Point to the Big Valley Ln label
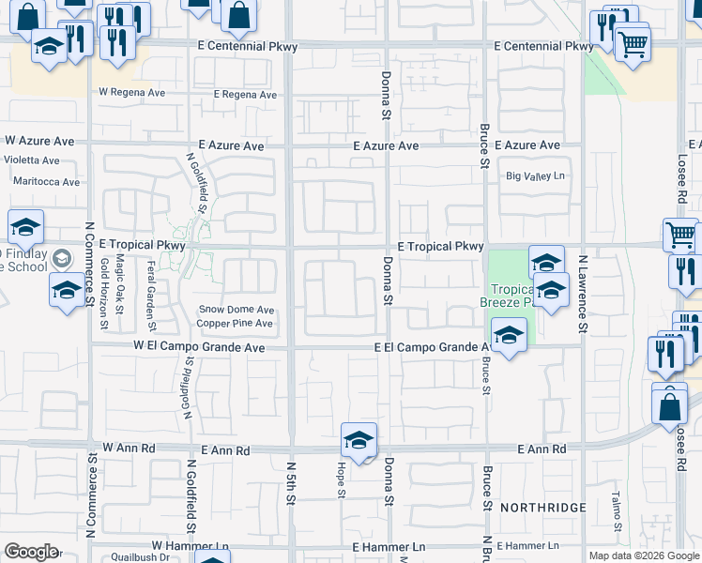pyautogui.click(x=537, y=176)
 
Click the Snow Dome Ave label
pyautogui.click(x=237, y=310)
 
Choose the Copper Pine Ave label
pyautogui.click(x=235, y=325)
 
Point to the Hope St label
pyautogui.click(x=342, y=479)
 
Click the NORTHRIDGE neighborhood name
pyautogui.click(x=543, y=508)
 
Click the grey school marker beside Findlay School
pyautogui.click(x=62, y=257)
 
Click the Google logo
pyautogui.click(x=31, y=552)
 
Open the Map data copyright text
pyautogui.click(x=644, y=555)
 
